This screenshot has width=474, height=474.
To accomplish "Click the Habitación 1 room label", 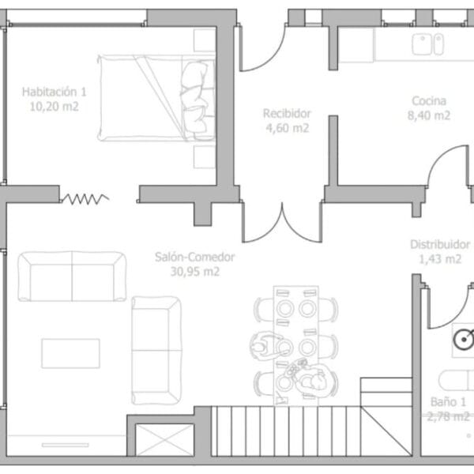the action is coord(54,92).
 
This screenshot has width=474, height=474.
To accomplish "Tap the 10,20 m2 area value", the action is coord(54,107).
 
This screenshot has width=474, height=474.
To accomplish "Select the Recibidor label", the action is coord(287,114).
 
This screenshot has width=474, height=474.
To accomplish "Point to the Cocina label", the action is coord(429,101).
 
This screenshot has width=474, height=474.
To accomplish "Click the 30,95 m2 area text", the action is coord(195,272).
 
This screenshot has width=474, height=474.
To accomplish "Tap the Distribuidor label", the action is coord(440,244).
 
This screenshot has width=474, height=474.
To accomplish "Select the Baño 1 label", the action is coord(448,402).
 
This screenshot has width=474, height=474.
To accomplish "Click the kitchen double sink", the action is coord(427,44).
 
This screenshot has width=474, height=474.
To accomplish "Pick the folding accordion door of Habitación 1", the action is coord(85,199).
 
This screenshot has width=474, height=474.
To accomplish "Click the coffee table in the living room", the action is coord(71,353).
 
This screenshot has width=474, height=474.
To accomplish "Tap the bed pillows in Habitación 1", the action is coord(194,100).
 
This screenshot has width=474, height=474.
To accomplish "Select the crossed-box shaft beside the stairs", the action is coord(164,440).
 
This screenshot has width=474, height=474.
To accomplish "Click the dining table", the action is coord(296,345).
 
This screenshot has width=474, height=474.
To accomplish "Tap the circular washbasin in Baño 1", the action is coord(464,340).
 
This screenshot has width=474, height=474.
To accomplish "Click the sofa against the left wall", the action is coord(72,276).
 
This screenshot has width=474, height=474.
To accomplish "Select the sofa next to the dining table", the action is coord(156,350).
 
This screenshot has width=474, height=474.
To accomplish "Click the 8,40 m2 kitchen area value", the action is coord(429,115).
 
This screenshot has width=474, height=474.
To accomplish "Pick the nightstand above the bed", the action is coord(205,40).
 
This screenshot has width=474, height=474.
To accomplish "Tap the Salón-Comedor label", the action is coord(195,257).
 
